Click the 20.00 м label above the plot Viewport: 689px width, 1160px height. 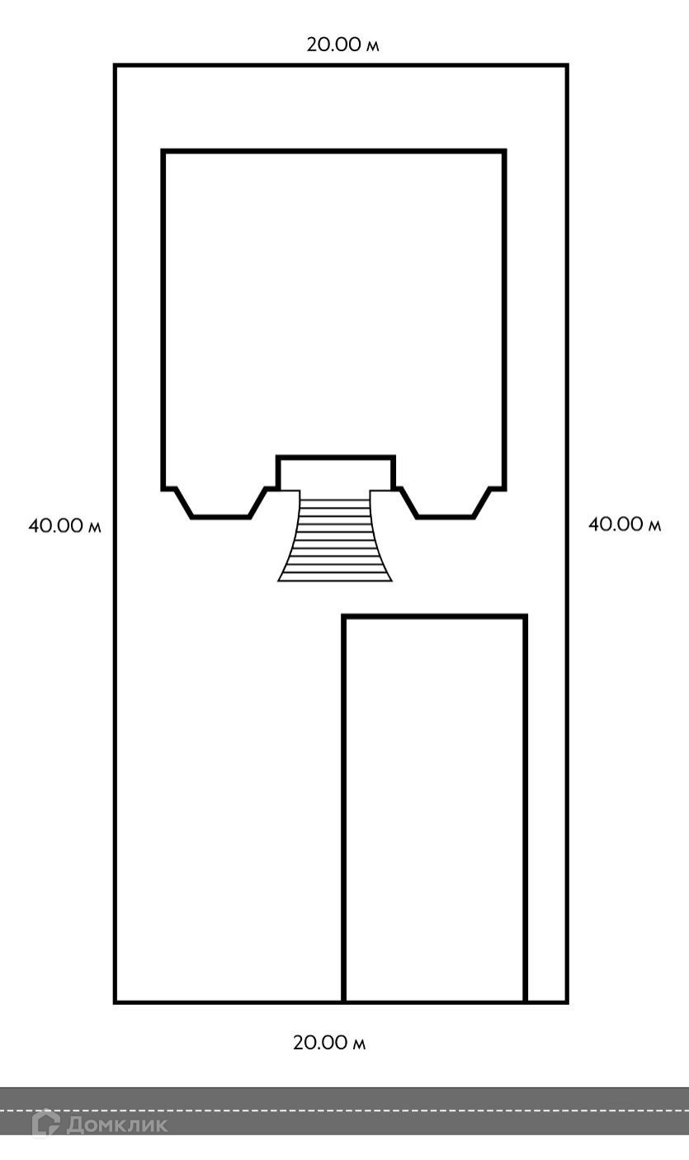pyautogui.click(x=342, y=45)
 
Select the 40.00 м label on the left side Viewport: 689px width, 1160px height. pyautogui.click(x=64, y=526)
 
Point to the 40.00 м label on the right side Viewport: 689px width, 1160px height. pyautogui.click(x=625, y=524)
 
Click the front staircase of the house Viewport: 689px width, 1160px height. pyautogui.click(x=335, y=536)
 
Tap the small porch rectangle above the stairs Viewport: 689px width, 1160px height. pyautogui.click(x=336, y=473)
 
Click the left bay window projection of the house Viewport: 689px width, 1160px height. pyautogui.click(x=220, y=503)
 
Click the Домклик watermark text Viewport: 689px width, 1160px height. pyautogui.click(x=117, y=1124)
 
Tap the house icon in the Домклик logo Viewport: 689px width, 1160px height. pyautogui.click(x=46, y=1123)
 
